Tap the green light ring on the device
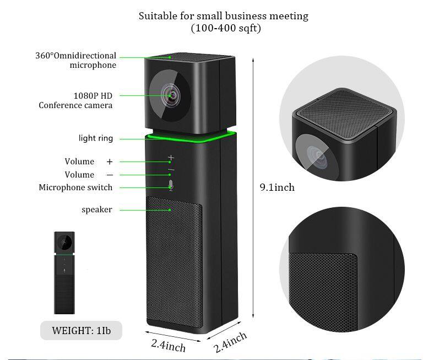pyautogui.click(x=191, y=138)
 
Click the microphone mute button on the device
pyautogui.click(x=171, y=185)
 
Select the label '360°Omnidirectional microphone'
pyautogui.click(x=76, y=60)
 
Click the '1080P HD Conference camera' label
pyautogui.click(x=75, y=100)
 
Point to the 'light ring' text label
pyautogui.click(x=96, y=138)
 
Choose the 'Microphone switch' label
pyautogui.click(x=75, y=187)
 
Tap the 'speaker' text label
pyautogui.click(x=97, y=210)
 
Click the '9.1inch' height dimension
pyautogui.click(x=277, y=187)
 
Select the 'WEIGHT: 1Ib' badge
pyautogui.click(x=81, y=331)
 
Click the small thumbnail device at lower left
pyautogui.click(x=64, y=273)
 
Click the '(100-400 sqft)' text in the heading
pyautogui.click(x=226, y=28)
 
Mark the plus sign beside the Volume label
pyautogui.click(x=110, y=162)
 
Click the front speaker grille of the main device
pyautogui.click(x=175, y=261)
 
